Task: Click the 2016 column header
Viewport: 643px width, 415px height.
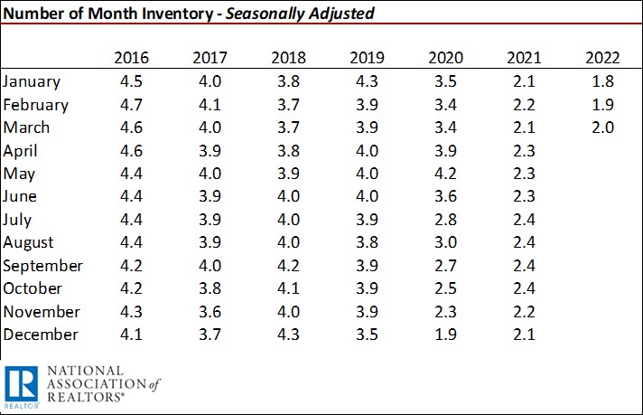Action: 132,58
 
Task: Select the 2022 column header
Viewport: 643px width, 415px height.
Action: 602,58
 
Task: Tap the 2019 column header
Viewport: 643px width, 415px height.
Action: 367,58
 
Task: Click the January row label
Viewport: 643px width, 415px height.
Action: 33,81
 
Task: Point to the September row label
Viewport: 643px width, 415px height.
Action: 43,266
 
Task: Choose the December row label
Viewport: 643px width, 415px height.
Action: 42,335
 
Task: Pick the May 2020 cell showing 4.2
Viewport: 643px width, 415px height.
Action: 445,174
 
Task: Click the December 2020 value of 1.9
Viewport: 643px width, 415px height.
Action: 445,335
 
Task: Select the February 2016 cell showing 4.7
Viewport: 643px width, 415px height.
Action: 132,104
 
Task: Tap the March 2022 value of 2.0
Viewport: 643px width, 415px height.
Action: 602,127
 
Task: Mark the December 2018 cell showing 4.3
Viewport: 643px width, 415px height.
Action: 288,335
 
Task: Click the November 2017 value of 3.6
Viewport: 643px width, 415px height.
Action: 210,312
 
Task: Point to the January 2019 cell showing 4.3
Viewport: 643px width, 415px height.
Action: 367,81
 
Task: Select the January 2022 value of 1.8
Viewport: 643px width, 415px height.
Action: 602,81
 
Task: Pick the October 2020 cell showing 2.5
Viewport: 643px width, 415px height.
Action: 445,288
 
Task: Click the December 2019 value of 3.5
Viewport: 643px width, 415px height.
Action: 367,335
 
